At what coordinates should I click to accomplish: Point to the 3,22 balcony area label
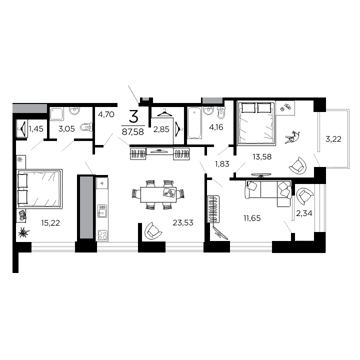[x=333, y=138]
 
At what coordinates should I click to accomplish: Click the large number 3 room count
[x=133, y=117]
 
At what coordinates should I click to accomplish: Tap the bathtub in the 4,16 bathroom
[x=193, y=123]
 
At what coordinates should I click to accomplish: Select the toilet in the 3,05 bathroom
[x=86, y=127]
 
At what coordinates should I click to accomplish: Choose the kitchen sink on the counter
[x=102, y=212]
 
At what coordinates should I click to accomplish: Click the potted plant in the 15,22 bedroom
[x=24, y=232]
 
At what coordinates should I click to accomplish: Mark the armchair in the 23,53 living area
[x=153, y=231]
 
